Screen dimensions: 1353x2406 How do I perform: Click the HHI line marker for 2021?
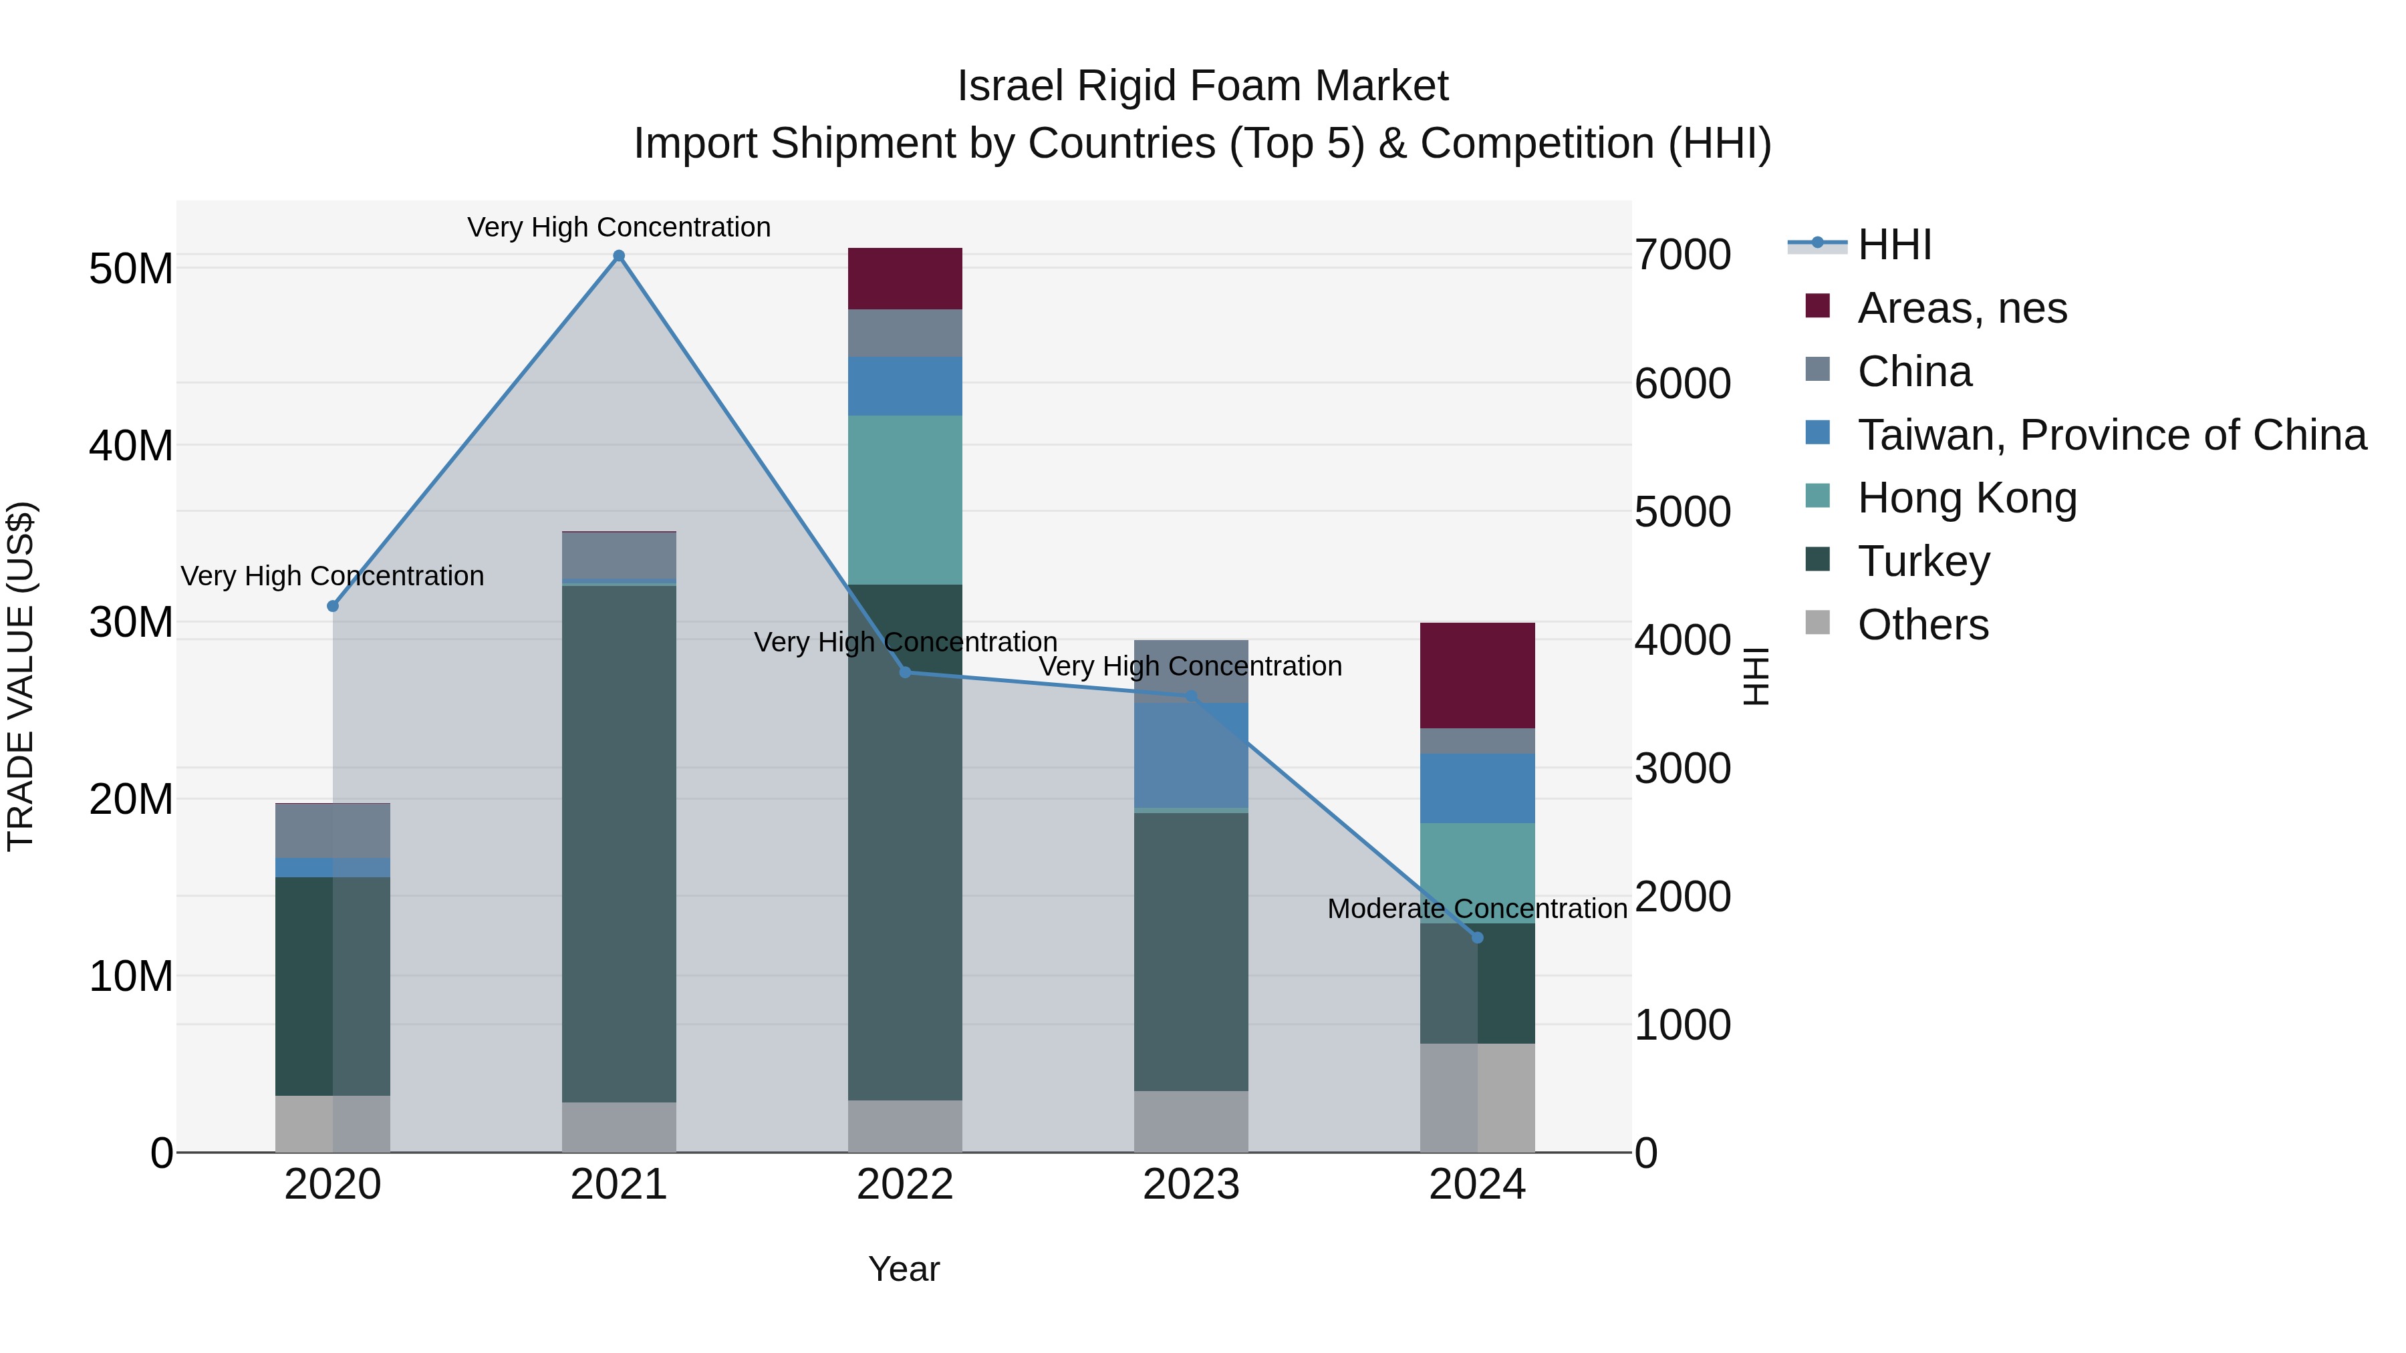click(x=618, y=256)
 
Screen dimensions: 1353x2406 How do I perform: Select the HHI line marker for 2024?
click(x=1476, y=937)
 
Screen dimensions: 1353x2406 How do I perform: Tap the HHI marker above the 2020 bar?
click(x=333, y=606)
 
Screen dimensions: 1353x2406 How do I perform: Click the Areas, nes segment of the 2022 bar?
click(x=904, y=278)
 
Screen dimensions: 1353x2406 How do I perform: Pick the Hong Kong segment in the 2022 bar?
click(x=904, y=500)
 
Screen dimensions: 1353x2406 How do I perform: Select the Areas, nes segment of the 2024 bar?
click(x=1476, y=675)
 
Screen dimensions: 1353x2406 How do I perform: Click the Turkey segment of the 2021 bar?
click(x=618, y=841)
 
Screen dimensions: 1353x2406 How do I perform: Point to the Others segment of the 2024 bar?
click(x=1476, y=1097)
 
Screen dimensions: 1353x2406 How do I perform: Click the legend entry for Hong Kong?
click(x=1966, y=498)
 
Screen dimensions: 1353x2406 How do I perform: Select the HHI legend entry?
click(x=1893, y=245)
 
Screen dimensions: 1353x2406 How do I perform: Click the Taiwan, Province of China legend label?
click(x=2111, y=435)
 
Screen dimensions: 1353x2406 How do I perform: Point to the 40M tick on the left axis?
click(x=131, y=446)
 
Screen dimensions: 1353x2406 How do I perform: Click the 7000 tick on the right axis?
click(x=1682, y=255)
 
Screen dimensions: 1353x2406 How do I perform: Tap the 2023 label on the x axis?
click(x=1191, y=1185)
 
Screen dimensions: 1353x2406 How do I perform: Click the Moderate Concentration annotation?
click(x=1476, y=909)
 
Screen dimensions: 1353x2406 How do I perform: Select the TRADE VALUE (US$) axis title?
click(x=21, y=676)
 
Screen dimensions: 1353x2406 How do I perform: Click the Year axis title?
click(x=903, y=1269)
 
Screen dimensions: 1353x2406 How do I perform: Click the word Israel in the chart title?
click(x=1010, y=86)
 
